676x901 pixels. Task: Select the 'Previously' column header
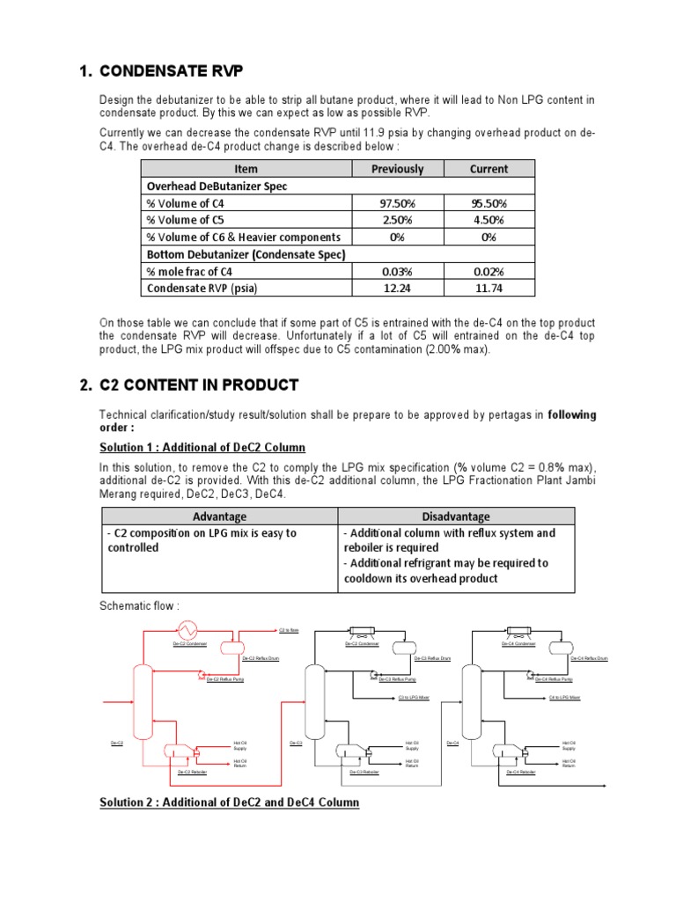pyautogui.click(x=397, y=169)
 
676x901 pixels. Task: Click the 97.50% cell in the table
pyautogui.click(x=397, y=203)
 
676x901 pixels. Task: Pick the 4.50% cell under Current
pyautogui.click(x=489, y=220)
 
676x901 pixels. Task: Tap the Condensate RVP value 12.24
pyautogui.click(x=397, y=288)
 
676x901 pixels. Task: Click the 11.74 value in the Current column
pyautogui.click(x=489, y=288)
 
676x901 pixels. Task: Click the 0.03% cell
pyautogui.click(x=397, y=271)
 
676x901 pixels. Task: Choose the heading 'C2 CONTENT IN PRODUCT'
pyautogui.click(x=200, y=385)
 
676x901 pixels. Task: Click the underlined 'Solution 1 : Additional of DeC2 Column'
pyautogui.click(x=202, y=448)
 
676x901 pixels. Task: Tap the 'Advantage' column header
pyautogui.click(x=219, y=516)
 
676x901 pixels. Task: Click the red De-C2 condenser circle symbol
pyautogui.click(x=187, y=628)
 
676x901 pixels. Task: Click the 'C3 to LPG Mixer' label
pyautogui.click(x=414, y=698)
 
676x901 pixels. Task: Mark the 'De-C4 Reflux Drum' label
pyautogui.click(x=588, y=658)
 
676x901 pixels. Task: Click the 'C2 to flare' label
pyautogui.click(x=289, y=630)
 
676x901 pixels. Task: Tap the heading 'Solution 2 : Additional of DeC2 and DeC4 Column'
pyautogui.click(x=229, y=802)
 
